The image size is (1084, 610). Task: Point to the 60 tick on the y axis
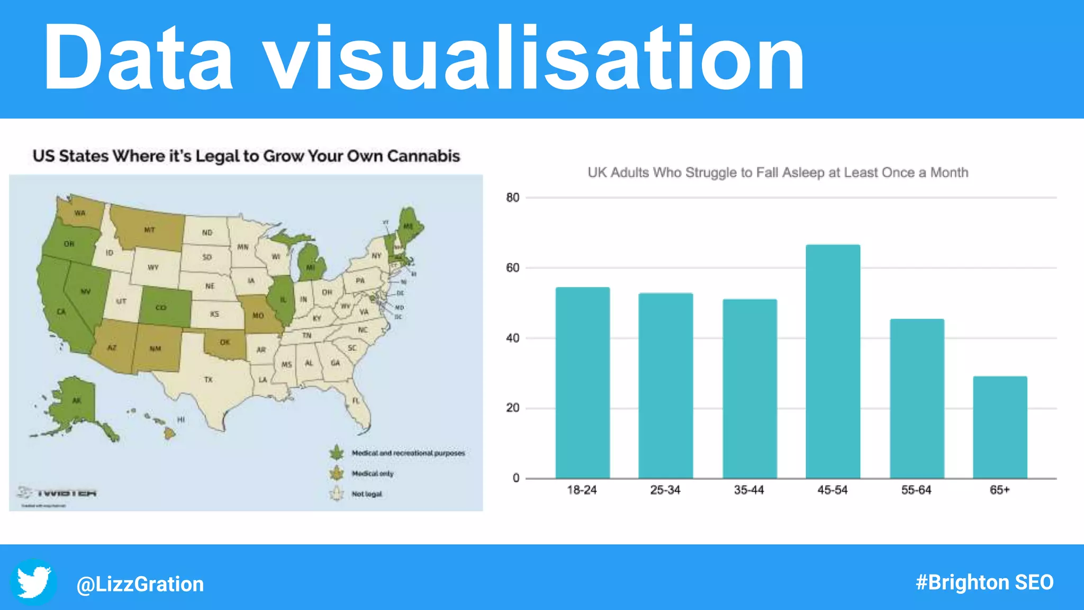point(512,268)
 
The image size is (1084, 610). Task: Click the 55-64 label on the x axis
point(916,490)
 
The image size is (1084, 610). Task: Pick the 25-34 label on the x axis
point(665,490)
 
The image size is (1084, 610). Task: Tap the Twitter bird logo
point(34,582)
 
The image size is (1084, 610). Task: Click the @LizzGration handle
point(140,584)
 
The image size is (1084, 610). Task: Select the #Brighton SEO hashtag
point(984,582)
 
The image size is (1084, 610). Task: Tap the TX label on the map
point(209,380)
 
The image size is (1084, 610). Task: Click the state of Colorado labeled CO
point(161,308)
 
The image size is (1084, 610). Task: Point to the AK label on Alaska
point(77,401)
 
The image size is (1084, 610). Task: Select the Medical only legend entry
point(373,473)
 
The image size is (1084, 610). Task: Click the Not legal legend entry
point(366,494)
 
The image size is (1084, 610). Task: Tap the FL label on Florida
point(356,401)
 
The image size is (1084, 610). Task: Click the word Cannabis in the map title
point(423,156)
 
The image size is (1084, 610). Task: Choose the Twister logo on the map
point(58,493)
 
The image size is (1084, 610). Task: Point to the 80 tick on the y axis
point(512,198)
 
